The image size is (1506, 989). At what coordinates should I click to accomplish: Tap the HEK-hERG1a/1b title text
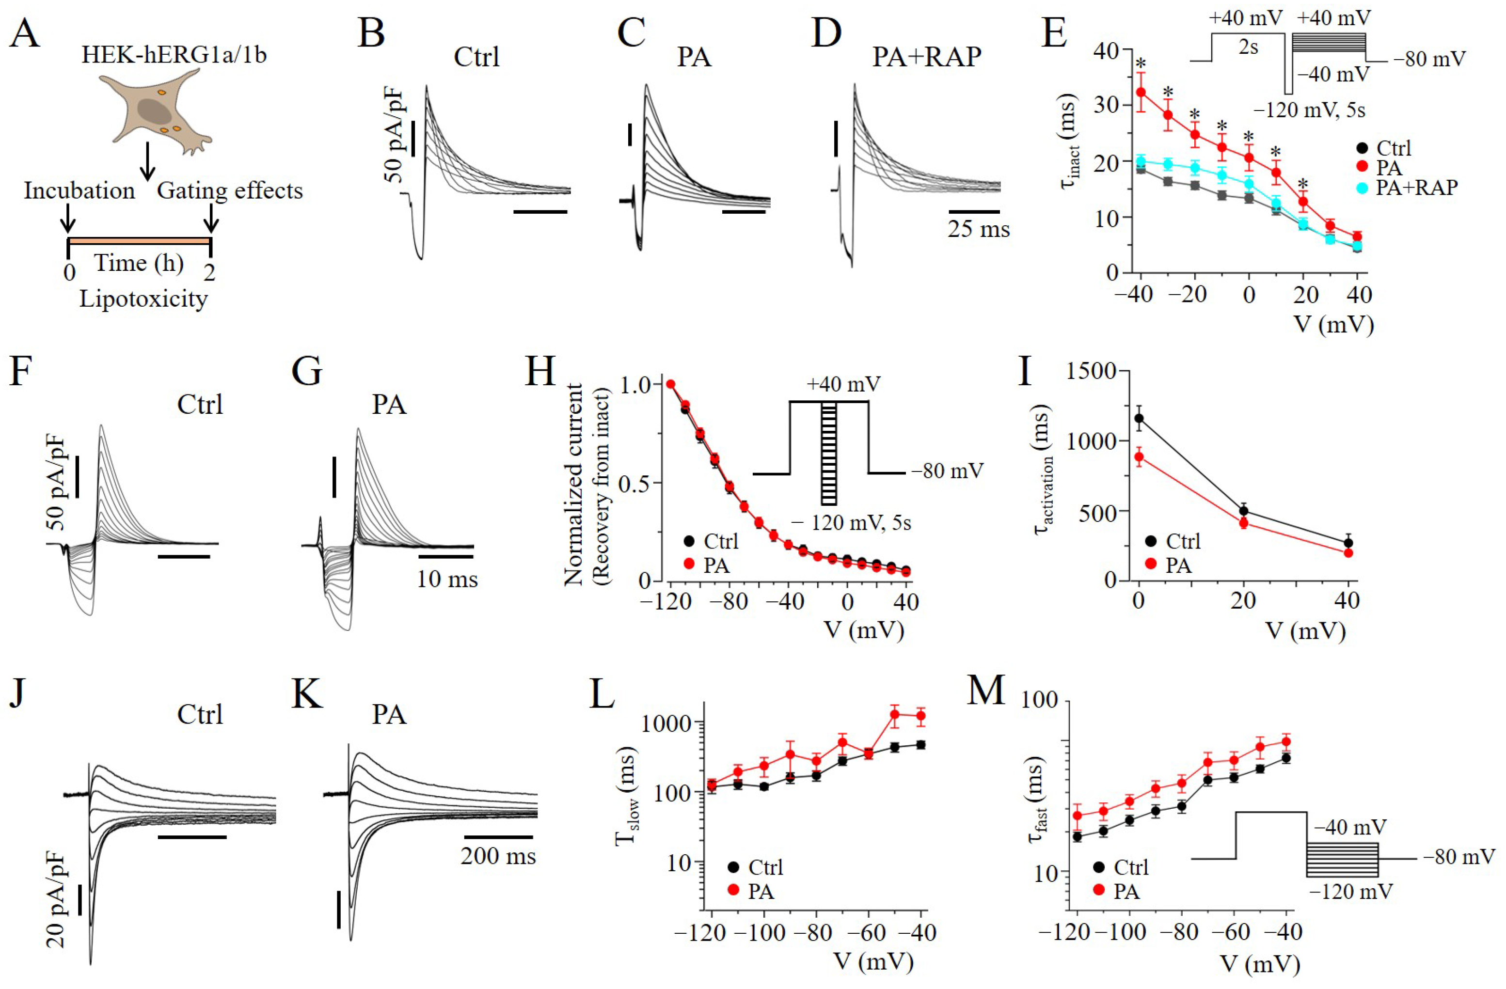point(174,55)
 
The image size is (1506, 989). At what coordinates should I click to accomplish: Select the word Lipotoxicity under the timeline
point(143,298)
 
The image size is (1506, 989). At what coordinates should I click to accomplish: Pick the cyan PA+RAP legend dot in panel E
point(1363,188)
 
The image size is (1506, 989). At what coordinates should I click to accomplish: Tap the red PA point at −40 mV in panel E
point(1141,93)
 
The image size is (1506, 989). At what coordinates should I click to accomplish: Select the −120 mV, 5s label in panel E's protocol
point(1309,111)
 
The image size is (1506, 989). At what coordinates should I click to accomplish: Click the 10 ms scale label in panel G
point(447,579)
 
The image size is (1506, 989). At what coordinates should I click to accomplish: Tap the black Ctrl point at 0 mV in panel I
point(1139,418)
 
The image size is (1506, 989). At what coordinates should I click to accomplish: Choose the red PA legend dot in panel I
point(1150,565)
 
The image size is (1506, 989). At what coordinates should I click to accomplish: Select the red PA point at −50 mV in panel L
point(895,714)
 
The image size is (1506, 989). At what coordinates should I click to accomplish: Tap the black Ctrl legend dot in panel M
point(1099,867)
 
